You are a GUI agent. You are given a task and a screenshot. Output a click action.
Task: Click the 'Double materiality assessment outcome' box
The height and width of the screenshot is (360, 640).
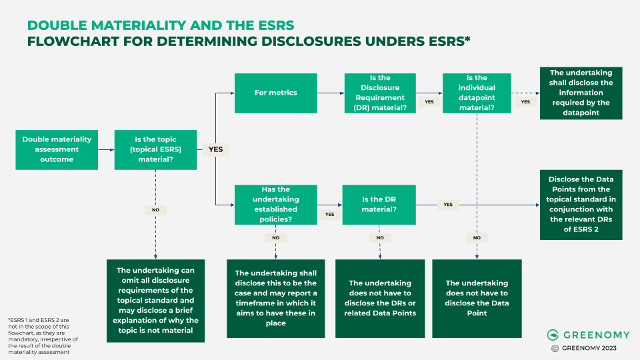57,149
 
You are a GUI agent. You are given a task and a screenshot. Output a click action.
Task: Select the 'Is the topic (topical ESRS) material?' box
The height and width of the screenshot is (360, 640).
155,149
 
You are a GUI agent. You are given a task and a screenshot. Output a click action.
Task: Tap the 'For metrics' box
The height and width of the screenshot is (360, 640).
275,93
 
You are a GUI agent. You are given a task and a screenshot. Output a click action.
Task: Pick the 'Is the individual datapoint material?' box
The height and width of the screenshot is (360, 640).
477,93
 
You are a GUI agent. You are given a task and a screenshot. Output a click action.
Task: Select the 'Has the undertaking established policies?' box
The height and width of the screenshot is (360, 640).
276,204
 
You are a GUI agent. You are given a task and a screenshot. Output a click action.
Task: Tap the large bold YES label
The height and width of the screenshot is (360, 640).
215,149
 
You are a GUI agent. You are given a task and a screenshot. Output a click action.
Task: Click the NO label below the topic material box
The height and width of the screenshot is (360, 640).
155,209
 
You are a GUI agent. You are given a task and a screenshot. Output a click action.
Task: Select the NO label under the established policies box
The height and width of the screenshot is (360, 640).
275,237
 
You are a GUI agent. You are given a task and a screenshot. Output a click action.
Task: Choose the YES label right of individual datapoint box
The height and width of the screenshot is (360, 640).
525,102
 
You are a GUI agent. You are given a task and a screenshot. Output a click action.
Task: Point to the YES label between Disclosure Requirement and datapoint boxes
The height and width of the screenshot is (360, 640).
429,102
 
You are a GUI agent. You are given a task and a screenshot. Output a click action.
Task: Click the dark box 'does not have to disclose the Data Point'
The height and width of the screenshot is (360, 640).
477,298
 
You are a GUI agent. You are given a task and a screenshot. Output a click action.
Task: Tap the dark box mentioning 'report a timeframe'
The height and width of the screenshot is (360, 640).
275,298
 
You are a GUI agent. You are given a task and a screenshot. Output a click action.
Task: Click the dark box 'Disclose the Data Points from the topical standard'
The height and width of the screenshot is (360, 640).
581,204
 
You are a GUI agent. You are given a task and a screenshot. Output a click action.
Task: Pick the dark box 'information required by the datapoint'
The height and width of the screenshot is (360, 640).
581,93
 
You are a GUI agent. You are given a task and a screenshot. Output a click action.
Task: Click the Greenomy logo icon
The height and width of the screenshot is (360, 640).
552,335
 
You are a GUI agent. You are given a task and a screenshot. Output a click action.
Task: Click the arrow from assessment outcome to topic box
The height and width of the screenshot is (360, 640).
106,149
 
